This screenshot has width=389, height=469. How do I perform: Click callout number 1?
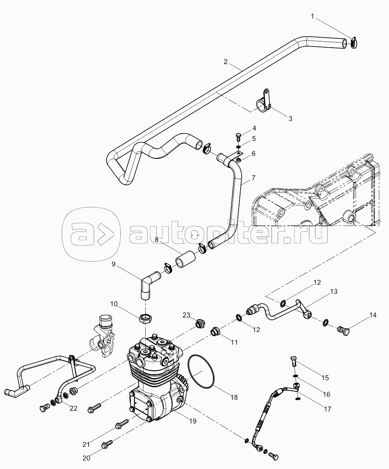pyautogui.click(x=312, y=16)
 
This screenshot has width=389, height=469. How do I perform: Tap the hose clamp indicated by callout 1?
pyautogui.click(x=354, y=43)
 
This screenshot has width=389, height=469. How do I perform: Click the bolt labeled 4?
pyautogui.click(x=238, y=137)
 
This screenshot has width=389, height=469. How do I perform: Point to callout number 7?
pyautogui.click(x=253, y=178)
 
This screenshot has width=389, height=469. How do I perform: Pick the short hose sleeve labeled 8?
pyautogui.click(x=185, y=259)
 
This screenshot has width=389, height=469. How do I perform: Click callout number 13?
pyautogui.click(x=334, y=291)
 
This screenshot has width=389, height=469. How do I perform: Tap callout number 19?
pyautogui.click(x=193, y=421)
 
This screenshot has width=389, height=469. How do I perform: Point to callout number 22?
pyautogui.click(x=73, y=408)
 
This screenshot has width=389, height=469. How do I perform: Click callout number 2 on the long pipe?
pyautogui.click(x=226, y=62)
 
